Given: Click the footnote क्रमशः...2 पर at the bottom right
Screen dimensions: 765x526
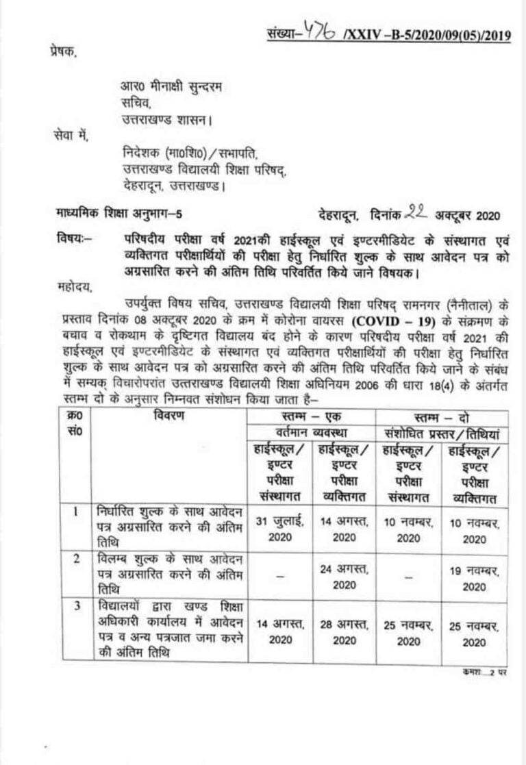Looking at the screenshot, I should coord(484,673).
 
